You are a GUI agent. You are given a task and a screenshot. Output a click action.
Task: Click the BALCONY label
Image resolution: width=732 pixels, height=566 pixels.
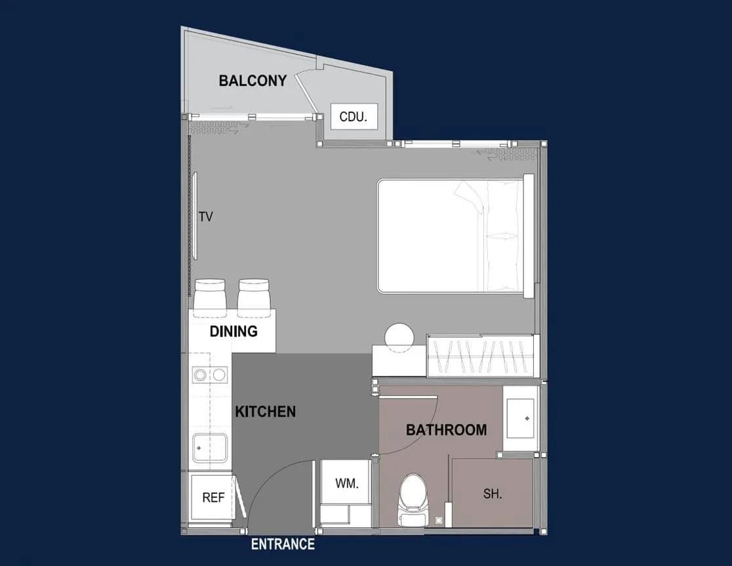click(253, 81)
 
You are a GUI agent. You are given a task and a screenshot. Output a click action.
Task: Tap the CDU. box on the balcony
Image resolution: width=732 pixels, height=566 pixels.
click(354, 117)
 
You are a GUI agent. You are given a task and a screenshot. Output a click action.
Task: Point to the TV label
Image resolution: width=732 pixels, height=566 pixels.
click(206, 216)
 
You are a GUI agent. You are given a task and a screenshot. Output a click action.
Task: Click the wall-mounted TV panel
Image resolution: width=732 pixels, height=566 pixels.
click(195, 216)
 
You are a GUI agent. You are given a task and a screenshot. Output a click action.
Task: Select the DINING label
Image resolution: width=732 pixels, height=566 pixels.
click(234, 331)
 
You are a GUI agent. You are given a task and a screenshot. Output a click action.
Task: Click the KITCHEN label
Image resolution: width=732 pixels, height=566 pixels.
click(265, 412)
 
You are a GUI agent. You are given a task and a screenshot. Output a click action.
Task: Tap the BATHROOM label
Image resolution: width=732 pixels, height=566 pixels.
click(446, 430)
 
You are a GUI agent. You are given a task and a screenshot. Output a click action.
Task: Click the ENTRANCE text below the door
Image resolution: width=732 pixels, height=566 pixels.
click(283, 544)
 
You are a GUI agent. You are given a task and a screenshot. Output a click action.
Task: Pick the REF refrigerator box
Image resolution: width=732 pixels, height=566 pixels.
click(213, 497)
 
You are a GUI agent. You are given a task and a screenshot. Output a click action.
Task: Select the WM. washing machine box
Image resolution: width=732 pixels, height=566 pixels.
click(346, 483)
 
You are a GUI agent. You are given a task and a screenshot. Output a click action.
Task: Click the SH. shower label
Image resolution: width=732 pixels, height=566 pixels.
click(493, 494)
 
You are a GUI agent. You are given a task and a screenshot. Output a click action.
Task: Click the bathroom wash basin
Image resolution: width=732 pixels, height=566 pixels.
click(521, 418)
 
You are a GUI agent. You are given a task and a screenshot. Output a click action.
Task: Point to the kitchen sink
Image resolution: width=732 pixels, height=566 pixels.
click(210, 448)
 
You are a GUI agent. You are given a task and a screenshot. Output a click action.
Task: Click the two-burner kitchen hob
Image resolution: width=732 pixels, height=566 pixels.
click(210, 374)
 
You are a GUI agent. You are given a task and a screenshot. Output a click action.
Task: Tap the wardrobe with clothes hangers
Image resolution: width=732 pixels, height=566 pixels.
click(480, 356)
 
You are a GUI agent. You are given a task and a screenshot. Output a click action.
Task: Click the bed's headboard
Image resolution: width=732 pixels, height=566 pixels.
click(529, 235)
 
